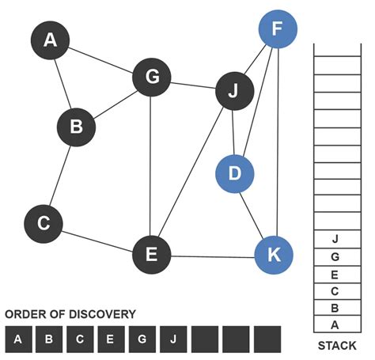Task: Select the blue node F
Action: coord(277,30)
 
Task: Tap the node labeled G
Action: coord(152,78)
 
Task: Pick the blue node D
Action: coord(234,174)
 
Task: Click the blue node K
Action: coord(274,255)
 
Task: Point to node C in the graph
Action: coord(44,224)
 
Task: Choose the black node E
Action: coord(152,255)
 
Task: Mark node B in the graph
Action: coord(76,127)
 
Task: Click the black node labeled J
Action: coord(233,93)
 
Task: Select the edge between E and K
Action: coord(212,256)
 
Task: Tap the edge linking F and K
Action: coord(275,142)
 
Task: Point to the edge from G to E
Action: coord(151,166)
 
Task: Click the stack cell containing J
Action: coord(336,238)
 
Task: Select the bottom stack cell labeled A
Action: coord(336,324)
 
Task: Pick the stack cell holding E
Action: coord(336,274)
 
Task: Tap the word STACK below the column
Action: coord(336,346)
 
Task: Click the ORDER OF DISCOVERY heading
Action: coord(70,314)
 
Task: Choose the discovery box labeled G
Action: coord(142,340)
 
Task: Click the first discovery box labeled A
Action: coord(17,340)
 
